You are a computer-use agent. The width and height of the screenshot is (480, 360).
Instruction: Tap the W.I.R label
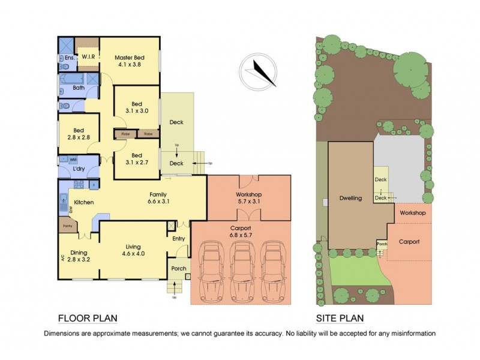click(x=89, y=57)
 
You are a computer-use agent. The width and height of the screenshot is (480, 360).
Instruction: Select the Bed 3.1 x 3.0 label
click(x=137, y=107)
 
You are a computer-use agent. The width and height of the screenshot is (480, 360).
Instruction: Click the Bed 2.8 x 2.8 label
click(x=79, y=134)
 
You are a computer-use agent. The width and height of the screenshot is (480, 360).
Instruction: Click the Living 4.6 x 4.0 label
click(x=133, y=250)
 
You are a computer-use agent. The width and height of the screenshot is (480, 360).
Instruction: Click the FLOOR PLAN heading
click(x=87, y=318)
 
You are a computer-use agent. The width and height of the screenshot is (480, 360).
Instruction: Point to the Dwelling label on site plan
click(x=350, y=198)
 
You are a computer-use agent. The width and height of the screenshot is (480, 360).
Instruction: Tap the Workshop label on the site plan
click(x=413, y=213)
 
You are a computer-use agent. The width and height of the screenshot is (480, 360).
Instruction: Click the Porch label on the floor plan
click(x=179, y=268)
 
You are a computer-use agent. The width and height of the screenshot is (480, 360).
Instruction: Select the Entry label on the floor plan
click(x=179, y=239)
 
